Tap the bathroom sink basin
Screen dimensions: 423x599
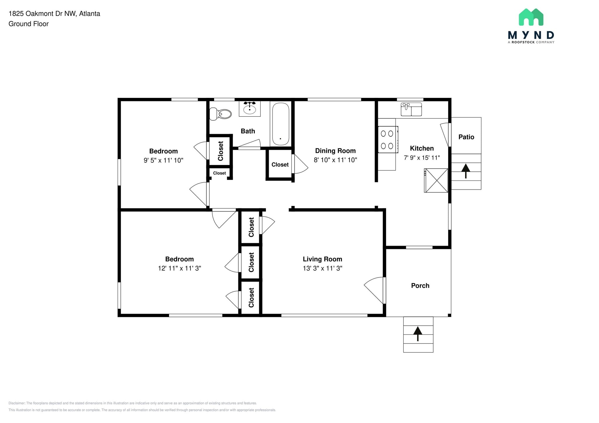[249, 110]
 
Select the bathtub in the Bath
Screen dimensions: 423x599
[281, 124]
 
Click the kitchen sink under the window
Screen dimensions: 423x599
[411, 109]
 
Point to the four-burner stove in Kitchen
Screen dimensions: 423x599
[387, 140]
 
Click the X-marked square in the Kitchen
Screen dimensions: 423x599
[436, 181]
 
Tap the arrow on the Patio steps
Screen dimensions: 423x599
[466, 170]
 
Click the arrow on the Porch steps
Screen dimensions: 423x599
[418, 333]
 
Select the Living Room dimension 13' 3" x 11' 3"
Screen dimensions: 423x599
[322, 268]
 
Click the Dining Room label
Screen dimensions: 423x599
[335, 151]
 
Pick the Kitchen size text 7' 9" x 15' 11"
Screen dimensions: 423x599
[421, 158]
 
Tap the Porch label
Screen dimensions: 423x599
[420, 286]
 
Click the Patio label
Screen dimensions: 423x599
[466, 137]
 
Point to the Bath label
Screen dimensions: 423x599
[248, 131]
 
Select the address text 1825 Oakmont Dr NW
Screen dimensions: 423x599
[43, 14]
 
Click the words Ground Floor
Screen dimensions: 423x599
[29, 24]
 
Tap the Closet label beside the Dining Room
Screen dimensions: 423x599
[280, 165]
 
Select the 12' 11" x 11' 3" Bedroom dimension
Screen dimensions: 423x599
[179, 268]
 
